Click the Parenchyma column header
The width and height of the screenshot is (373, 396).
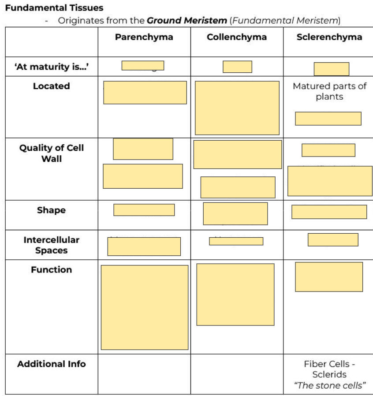[x=144, y=37]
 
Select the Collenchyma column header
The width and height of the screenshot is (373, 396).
[x=236, y=37]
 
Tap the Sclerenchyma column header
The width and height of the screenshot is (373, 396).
[x=329, y=37]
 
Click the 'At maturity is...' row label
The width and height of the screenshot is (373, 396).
[x=51, y=67]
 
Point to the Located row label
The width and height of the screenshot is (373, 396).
[x=51, y=86]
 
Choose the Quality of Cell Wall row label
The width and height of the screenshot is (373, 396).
[x=51, y=153]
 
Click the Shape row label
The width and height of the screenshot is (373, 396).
[x=51, y=210]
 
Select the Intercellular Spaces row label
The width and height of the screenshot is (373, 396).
[x=51, y=245]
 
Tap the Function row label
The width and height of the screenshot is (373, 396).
[x=51, y=269]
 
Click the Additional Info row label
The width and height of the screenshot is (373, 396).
[x=51, y=364]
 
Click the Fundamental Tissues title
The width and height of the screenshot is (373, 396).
[x=54, y=7]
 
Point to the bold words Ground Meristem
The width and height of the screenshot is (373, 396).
[x=186, y=20]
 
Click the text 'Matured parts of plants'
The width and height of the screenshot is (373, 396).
[x=329, y=91]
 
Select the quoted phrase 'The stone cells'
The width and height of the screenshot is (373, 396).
[x=329, y=385]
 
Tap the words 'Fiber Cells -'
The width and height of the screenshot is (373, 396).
[x=329, y=364]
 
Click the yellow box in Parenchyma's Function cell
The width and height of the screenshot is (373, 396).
[x=144, y=307]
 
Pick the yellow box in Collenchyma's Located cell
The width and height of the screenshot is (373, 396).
[x=237, y=108]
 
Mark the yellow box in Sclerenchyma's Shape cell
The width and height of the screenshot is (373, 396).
[x=329, y=212]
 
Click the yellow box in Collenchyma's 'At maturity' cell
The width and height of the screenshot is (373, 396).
[x=237, y=67]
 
